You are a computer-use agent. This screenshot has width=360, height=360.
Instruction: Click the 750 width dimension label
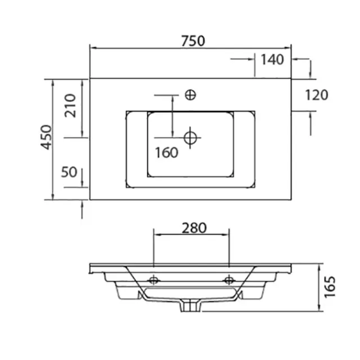coord(193,41)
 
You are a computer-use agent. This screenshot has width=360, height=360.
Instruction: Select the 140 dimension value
coord(272,60)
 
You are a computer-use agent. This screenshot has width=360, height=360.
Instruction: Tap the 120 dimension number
coord(317,95)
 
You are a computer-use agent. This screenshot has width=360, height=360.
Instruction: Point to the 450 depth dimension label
coord(46,137)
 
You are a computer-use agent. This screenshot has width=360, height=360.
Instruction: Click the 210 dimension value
coord(70,106)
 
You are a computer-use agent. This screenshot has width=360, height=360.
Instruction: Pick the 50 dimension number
coord(69,172)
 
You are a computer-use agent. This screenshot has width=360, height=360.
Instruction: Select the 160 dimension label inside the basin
coord(166,152)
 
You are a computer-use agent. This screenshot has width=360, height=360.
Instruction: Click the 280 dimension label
coord(194,228)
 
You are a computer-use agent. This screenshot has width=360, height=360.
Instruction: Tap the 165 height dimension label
coord(330,287)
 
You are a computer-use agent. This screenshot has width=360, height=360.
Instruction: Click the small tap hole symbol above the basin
coord(190,95)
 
